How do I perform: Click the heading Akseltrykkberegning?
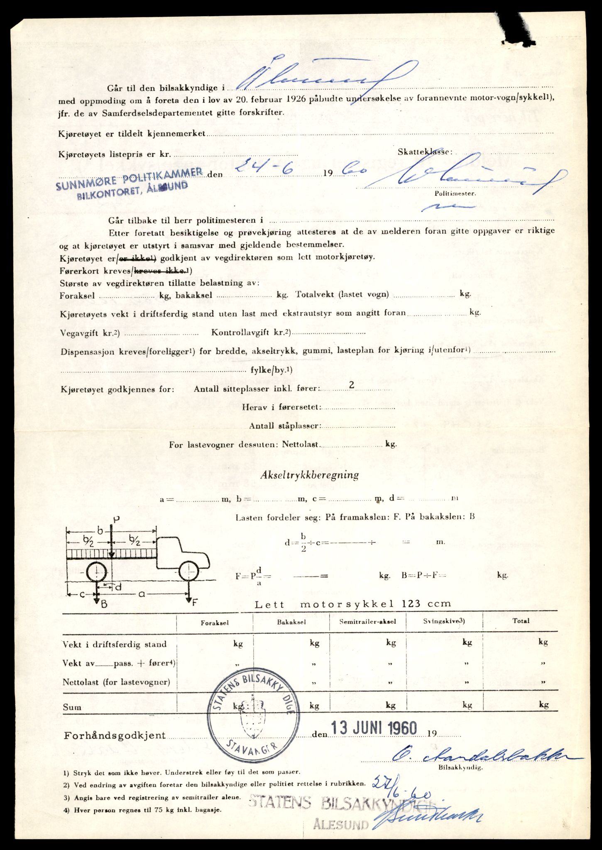309,475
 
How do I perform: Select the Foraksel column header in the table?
215,623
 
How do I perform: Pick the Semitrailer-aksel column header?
367,622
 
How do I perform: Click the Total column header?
521,621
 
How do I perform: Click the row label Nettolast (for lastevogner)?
116,682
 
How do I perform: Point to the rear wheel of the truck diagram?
96,573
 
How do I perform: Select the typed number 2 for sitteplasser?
351,385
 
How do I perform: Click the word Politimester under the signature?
455,193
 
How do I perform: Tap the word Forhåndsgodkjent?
115,735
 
